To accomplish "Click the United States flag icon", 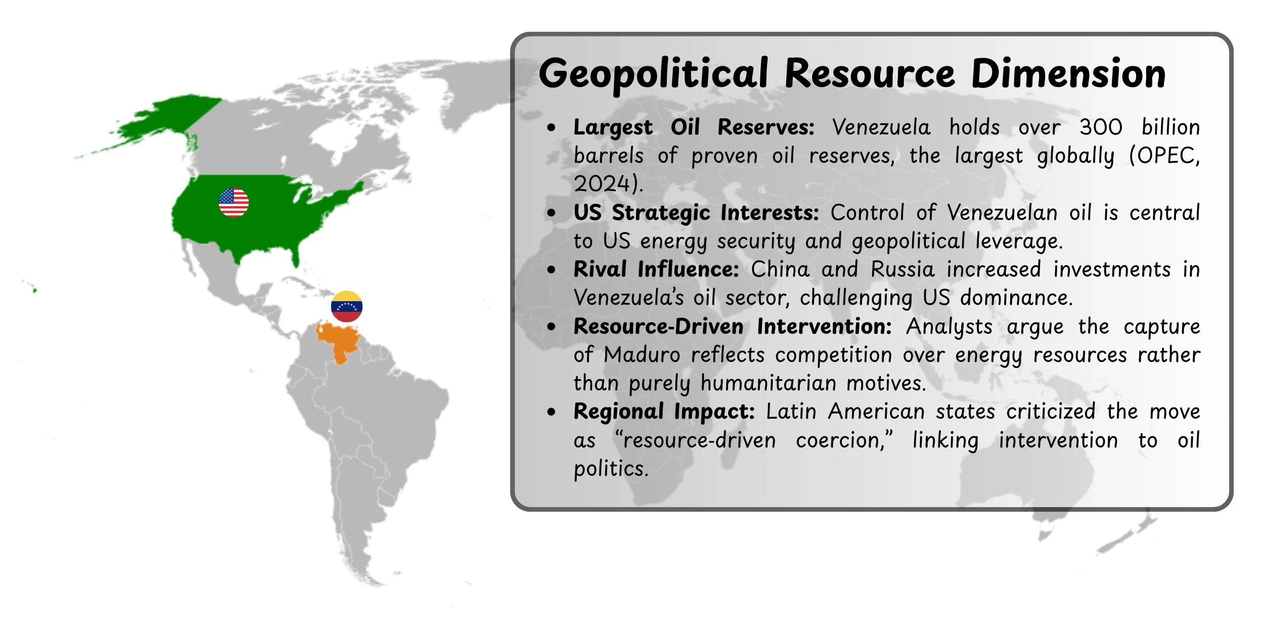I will point(234,203).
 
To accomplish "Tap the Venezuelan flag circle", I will point(346,306).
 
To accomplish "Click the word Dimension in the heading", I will point(1068,74).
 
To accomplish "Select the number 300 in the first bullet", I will point(1101,127).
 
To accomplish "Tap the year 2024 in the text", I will point(602,184).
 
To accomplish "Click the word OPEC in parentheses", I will point(1166,156).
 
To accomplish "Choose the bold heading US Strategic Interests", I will point(696,213).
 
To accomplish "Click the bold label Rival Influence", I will point(656,269).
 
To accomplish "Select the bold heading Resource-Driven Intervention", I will point(732,327).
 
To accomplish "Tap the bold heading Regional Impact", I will point(664,412).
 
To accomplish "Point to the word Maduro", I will point(642,355).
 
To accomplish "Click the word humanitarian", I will point(768,383).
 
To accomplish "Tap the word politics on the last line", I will point(610,469).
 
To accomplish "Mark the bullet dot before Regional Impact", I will point(551,412).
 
